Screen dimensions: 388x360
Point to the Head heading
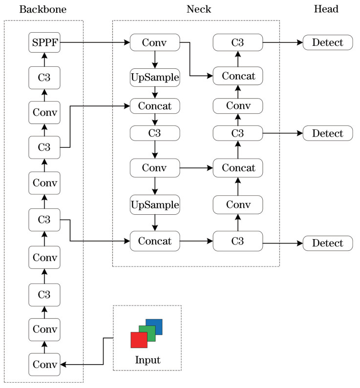(x=327, y=9)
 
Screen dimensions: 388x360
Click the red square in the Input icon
(x=139, y=340)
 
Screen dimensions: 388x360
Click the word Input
(x=147, y=361)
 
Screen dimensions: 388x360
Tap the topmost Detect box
(x=327, y=42)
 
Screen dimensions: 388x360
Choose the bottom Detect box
(x=327, y=243)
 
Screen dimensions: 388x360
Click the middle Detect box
(x=327, y=132)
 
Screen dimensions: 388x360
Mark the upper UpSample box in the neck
(x=155, y=77)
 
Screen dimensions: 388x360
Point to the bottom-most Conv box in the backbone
(x=44, y=365)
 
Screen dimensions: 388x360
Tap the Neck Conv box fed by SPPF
(x=155, y=42)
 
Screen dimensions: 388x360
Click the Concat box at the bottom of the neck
(x=155, y=241)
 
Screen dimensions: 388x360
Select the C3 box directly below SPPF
(x=44, y=77)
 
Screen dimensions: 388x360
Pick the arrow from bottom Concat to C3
(x=196, y=241)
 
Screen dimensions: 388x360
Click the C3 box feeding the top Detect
(x=238, y=42)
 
